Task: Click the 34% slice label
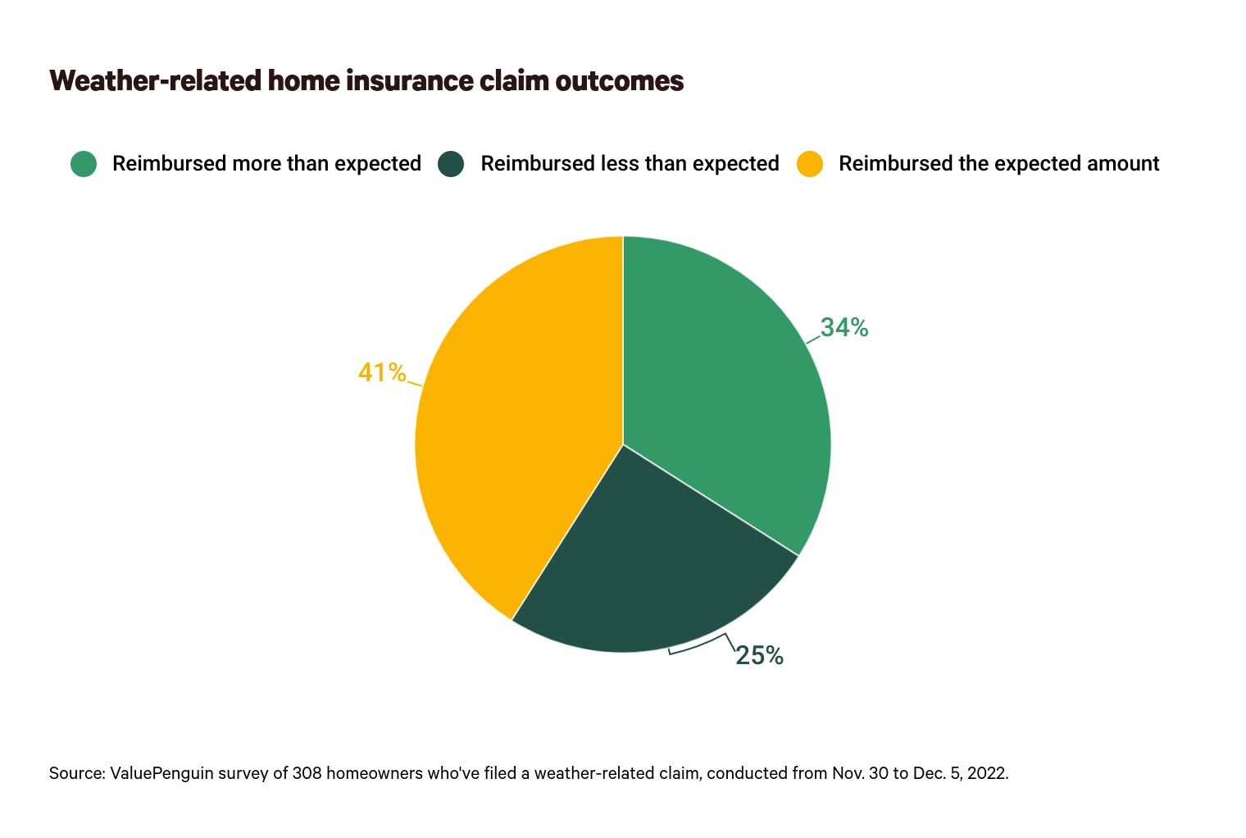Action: pos(844,327)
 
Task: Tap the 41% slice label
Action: pos(382,372)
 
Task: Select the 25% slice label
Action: pos(759,655)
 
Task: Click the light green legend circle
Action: pos(84,164)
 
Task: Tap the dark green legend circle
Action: pos(451,164)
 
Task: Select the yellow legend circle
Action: pos(810,164)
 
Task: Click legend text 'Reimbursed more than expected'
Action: pos(266,164)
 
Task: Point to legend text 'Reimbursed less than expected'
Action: pos(630,164)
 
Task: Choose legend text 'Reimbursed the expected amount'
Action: pos(998,164)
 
